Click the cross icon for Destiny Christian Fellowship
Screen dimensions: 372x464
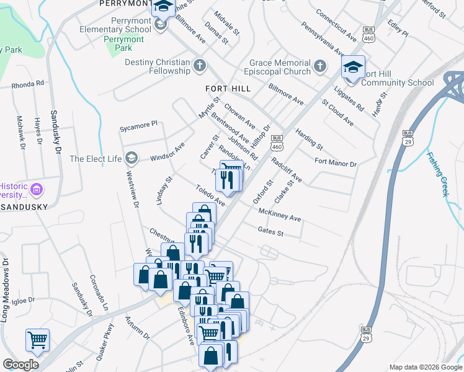click(x=200, y=64)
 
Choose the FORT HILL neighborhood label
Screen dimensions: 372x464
click(x=228, y=89)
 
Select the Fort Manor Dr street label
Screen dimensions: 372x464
click(x=336, y=163)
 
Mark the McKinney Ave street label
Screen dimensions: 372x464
click(x=280, y=215)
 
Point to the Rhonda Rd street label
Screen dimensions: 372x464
click(x=28, y=83)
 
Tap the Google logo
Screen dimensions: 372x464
click(x=20, y=365)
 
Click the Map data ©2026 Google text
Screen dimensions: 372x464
click(x=426, y=367)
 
